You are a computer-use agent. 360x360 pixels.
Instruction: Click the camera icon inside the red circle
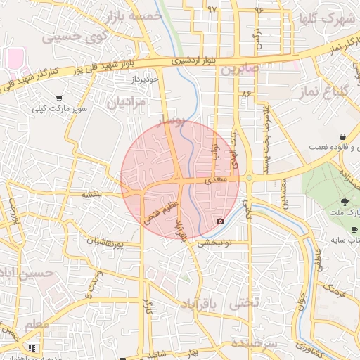pos(221,221)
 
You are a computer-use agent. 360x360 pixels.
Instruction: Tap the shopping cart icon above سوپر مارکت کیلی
pos(58,98)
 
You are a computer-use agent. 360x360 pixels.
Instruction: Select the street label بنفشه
pos(92,193)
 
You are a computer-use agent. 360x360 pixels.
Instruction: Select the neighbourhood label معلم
pos(37,325)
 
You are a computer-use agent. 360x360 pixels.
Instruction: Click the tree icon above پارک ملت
pos(344,201)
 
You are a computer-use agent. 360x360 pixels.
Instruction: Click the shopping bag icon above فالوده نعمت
pos(342,136)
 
